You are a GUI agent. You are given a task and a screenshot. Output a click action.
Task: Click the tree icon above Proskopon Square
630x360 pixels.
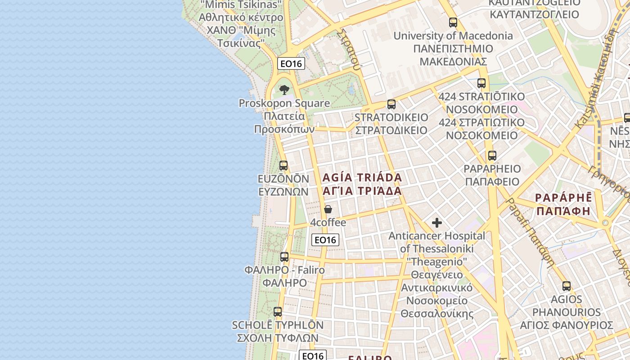(x=284, y=90)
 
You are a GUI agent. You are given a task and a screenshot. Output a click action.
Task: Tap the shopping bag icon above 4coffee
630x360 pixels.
(x=328, y=209)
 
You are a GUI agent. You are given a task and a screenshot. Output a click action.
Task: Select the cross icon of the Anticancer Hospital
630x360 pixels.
(x=436, y=223)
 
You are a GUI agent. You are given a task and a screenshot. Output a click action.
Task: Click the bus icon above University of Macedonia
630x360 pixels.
(x=453, y=22)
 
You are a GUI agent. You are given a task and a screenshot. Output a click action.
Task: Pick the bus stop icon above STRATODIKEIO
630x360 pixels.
(x=391, y=104)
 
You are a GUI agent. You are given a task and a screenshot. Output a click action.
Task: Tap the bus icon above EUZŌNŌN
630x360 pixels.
(x=283, y=165)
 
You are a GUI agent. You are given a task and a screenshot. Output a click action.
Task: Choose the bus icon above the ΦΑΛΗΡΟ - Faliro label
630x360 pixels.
(x=284, y=257)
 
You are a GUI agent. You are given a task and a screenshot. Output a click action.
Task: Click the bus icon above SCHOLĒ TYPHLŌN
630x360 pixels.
(x=278, y=311)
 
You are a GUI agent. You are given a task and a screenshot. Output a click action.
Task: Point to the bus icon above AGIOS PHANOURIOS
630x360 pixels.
(x=567, y=286)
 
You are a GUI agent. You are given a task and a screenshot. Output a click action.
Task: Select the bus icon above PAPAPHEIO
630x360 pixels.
(x=492, y=156)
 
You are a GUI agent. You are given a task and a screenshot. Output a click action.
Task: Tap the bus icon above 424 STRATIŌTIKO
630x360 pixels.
(x=481, y=83)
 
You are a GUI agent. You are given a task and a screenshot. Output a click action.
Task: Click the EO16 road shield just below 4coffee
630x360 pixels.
(x=325, y=240)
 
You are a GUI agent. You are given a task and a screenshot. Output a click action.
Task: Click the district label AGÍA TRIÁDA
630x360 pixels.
(x=362, y=177)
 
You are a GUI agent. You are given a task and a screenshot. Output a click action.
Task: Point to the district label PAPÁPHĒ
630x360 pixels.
(x=562, y=198)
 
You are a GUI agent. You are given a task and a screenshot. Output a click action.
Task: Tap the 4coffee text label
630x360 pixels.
(x=328, y=223)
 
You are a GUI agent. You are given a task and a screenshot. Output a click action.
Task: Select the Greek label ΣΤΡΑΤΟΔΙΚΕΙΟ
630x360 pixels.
(x=391, y=130)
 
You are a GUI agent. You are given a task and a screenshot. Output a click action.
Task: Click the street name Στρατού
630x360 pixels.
(x=350, y=49)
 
